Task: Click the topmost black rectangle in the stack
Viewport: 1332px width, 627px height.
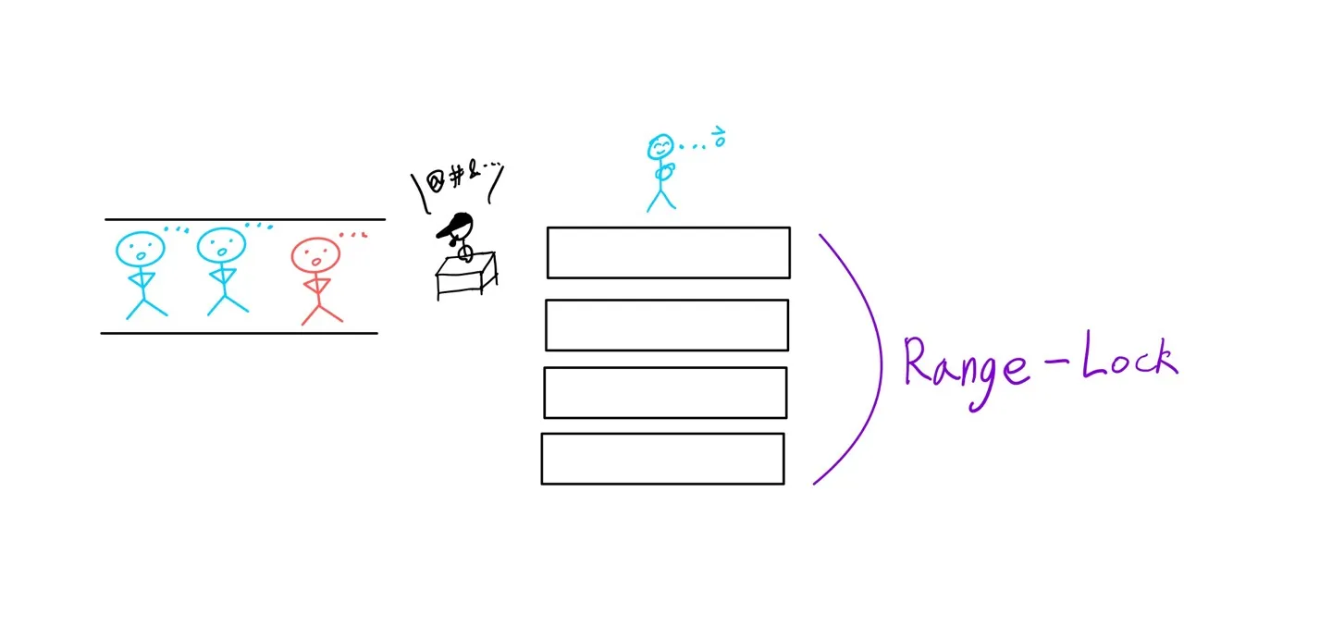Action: pos(668,252)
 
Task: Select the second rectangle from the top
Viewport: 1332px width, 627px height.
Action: pos(666,325)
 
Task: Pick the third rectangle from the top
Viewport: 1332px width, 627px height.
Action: pos(664,392)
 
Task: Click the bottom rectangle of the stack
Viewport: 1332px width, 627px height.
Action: pos(662,458)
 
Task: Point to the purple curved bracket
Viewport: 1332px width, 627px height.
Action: pos(873,361)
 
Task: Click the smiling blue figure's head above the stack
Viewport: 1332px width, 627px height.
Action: pos(660,148)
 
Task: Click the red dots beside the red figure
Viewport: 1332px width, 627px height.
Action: pos(352,235)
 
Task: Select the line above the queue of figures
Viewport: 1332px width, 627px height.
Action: pos(244,219)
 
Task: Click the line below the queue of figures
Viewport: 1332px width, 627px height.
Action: pos(239,332)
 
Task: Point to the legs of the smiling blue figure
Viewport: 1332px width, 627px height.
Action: pos(661,201)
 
